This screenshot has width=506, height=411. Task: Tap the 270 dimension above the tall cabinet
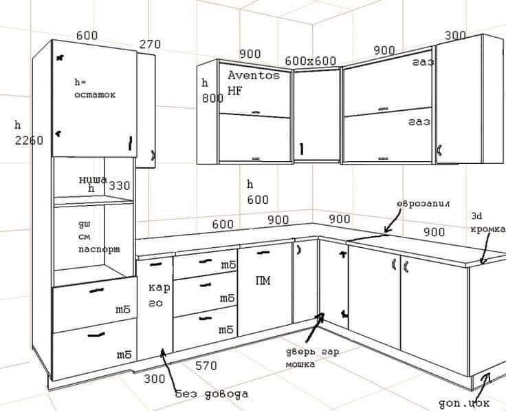[150, 45]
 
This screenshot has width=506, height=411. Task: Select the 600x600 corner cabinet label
[310, 61]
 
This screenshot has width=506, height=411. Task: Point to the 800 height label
[212, 98]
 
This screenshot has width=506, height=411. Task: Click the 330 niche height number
[119, 186]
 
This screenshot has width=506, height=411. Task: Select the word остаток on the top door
[95, 94]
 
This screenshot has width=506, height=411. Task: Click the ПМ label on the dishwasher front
[263, 280]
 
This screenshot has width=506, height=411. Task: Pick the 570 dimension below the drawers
[207, 366]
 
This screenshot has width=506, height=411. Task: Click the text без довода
[211, 394]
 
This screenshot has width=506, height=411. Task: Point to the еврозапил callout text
[423, 204]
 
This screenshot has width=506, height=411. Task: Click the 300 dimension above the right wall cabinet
[455, 36]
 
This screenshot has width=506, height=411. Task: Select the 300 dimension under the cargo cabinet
[155, 378]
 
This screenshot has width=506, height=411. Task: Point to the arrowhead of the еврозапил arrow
[386, 232]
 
